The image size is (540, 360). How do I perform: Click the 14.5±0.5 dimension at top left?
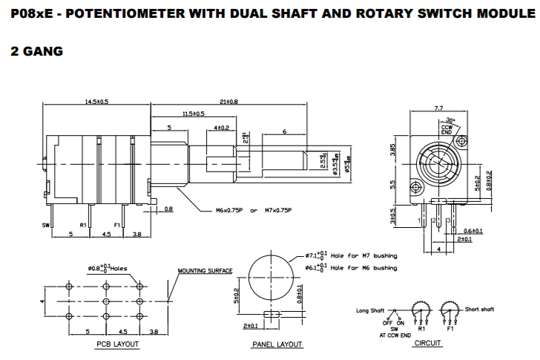(97, 101)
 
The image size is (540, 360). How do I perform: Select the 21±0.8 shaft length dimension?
(228, 101)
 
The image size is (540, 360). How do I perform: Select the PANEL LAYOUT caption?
(277, 344)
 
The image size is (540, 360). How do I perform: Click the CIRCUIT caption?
(428, 344)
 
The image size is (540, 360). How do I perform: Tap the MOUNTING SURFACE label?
(205, 271)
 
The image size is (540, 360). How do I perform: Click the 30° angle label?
(450, 120)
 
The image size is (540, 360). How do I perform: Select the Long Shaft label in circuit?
(372, 310)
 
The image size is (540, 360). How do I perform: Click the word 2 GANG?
(36, 51)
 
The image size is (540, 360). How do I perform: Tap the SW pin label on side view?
(46, 223)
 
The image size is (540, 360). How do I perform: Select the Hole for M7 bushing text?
(363, 255)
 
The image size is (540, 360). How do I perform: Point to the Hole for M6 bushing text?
(363, 267)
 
